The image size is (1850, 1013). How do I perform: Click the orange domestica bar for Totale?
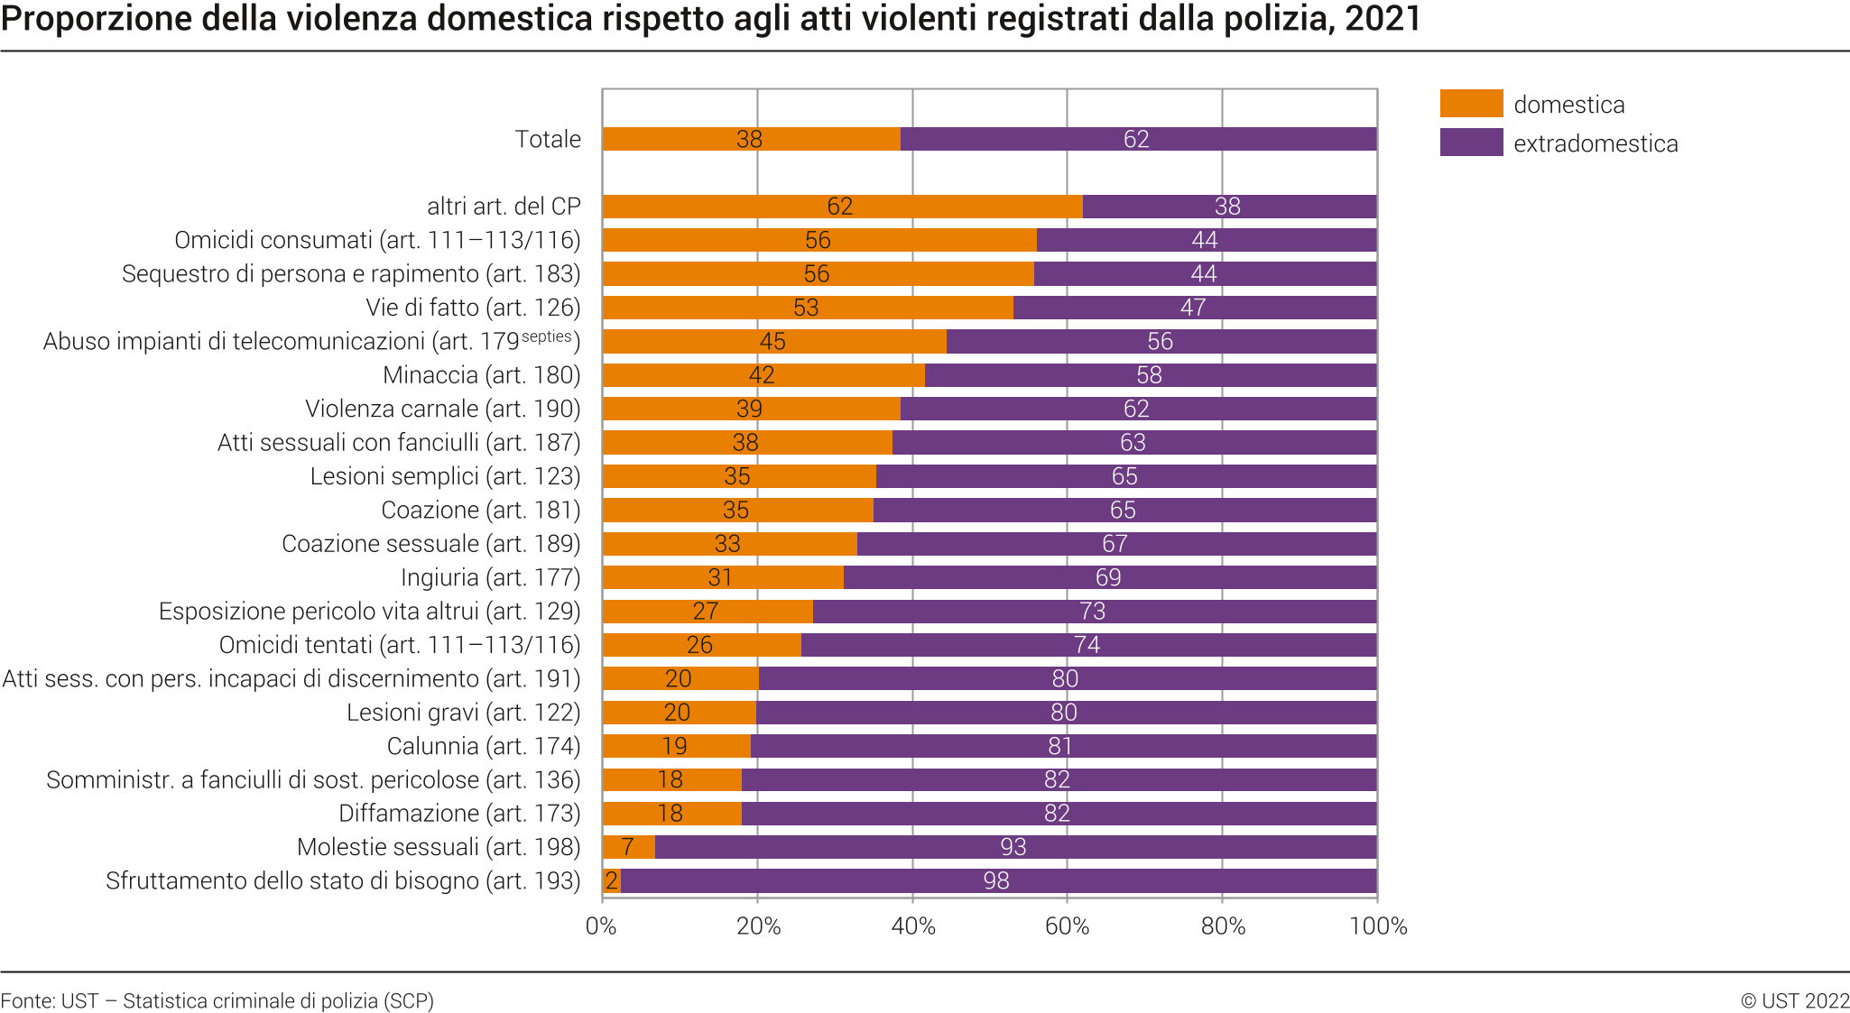[686, 139]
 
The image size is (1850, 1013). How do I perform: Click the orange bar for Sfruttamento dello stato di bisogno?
[612, 881]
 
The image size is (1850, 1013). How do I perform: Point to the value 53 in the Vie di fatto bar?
[806, 308]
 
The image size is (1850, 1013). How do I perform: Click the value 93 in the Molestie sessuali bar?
[1013, 847]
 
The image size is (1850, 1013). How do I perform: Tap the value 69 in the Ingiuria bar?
[1107, 577]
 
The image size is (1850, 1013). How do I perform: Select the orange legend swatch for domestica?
[1471, 104]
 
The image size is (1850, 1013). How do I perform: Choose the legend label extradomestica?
[1596, 143]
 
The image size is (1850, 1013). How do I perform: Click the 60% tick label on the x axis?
[1067, 926]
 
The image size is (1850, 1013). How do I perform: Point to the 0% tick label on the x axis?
[601, 926]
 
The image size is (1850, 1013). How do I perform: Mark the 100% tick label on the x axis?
[1378, 926]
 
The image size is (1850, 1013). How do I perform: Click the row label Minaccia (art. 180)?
[481, 375]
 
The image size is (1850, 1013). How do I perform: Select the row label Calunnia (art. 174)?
[483, 746]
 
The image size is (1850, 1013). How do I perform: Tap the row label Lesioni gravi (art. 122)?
[463, 713]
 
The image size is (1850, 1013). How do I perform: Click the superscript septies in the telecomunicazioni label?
[547, 336]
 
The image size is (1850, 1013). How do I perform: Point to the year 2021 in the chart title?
[1383, 19]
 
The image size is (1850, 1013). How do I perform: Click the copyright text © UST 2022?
[1794, 1000]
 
